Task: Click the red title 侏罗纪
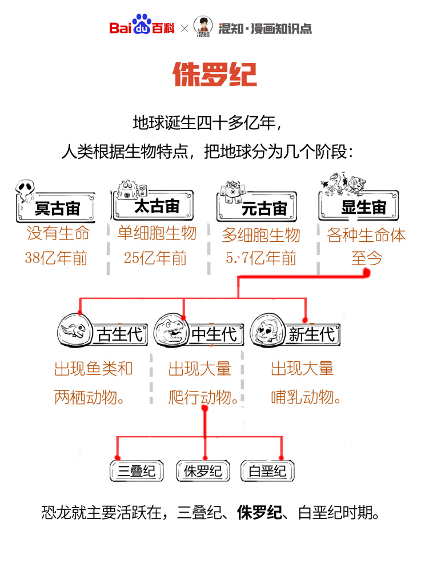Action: pyautogui.click(x=215, y=75)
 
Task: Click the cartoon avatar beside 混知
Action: pyautogui.click(x=203, y=26)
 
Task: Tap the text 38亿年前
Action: pyautogui.click(x=56, y=258)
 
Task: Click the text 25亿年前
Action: pyautogui.click(x=155, y=258)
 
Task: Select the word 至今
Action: pyautogui.click(x=366, y=258)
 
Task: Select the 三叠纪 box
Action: pyautogui.click(x=137, y=472)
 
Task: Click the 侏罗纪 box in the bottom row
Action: pyautogui.click(x=202, y=472)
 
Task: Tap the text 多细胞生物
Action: pyautogui.click(x=260, y=234)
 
